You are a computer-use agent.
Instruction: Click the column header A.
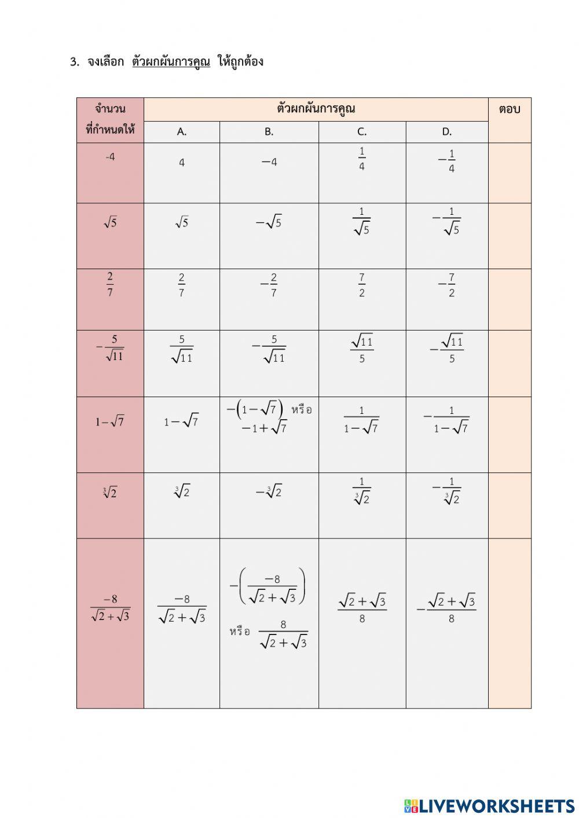pyautogui.click(x=182, y=132)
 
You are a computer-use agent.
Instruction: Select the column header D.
pyautogui.click(x=446, y=132)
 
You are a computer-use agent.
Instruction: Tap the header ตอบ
pyautogui.click(x=509, y=109)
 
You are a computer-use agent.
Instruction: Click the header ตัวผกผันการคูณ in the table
pyautogui.click(x=316, y=109)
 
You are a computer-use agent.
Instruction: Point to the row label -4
pyautogui.click(x=110, y=157)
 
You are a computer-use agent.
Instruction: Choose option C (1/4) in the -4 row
pyautogui.click(x=362, y=159)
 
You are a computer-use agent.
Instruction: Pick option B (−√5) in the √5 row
pyautogui.click(x=269, y=222)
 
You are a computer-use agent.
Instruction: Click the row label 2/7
pyautogui.click(x=110, y=284)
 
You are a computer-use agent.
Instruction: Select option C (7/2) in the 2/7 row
pyautogui.click(x=362, y=285)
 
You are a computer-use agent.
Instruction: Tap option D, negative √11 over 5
pyautogui.click(x=447, y=349)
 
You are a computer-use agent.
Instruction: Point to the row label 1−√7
pyautogui.click(x=110, y=422)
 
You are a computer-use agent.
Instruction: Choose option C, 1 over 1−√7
pyautogui.click(x=362, y=420)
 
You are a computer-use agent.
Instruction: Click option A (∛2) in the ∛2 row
pyautogui.click(x=182, y=491)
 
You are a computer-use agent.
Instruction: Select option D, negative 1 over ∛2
pyautogui.click(x=447, y=491)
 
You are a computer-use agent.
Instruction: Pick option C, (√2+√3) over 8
pyautogui.click(x=362, y=608)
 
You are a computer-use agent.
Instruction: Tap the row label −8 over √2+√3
pyautogui.click(x=110, y=608)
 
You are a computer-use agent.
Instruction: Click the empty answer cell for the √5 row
pyautogui.click(x=510, y=235)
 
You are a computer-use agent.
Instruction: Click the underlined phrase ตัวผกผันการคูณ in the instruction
pyautogui.click(x=171, y=61)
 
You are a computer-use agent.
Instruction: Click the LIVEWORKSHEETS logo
pyautogui.click(x=489, y=806)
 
